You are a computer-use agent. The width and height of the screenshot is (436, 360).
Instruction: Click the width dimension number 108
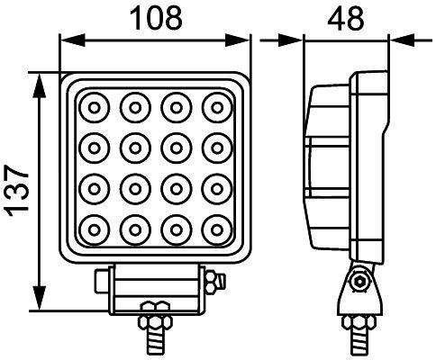coord(154,16)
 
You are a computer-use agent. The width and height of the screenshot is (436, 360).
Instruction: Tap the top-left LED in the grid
coord(93,108)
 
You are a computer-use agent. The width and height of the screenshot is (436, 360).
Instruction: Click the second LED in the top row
coord(134,108)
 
